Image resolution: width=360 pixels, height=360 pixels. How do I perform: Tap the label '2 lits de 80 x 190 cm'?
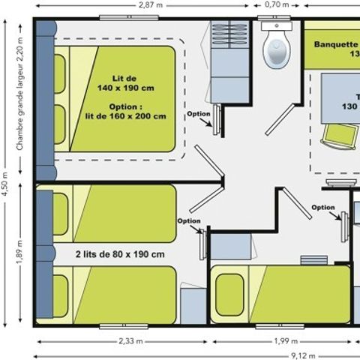[121, 253]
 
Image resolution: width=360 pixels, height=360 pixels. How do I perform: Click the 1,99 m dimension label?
[280, 342]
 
